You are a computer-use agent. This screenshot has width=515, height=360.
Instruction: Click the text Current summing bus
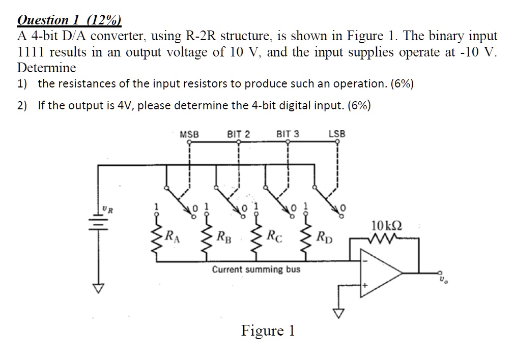tap(256, 269)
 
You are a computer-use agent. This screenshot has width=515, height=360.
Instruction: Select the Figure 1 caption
tap(268, 331)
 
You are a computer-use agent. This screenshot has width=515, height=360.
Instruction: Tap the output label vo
tap(443, 278)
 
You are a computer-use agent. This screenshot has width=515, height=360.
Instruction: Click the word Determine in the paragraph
tap(46, 68)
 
